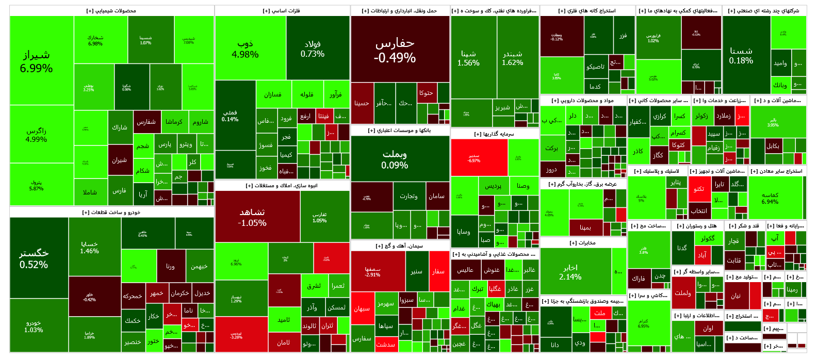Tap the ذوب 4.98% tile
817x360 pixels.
245,49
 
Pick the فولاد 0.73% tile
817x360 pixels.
313,48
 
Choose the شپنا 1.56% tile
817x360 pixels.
468,58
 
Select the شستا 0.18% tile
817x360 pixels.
741,55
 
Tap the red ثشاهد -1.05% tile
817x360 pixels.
252,217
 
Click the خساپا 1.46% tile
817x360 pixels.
89,247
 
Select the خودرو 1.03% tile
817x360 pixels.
34,326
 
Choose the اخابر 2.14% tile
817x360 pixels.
570,272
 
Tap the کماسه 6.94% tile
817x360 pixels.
770,198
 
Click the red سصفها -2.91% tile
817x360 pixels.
372,271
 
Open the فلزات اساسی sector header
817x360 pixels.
282,11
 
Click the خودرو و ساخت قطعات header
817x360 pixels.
111,212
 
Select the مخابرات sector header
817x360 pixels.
583,242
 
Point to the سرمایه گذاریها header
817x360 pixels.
494,134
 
